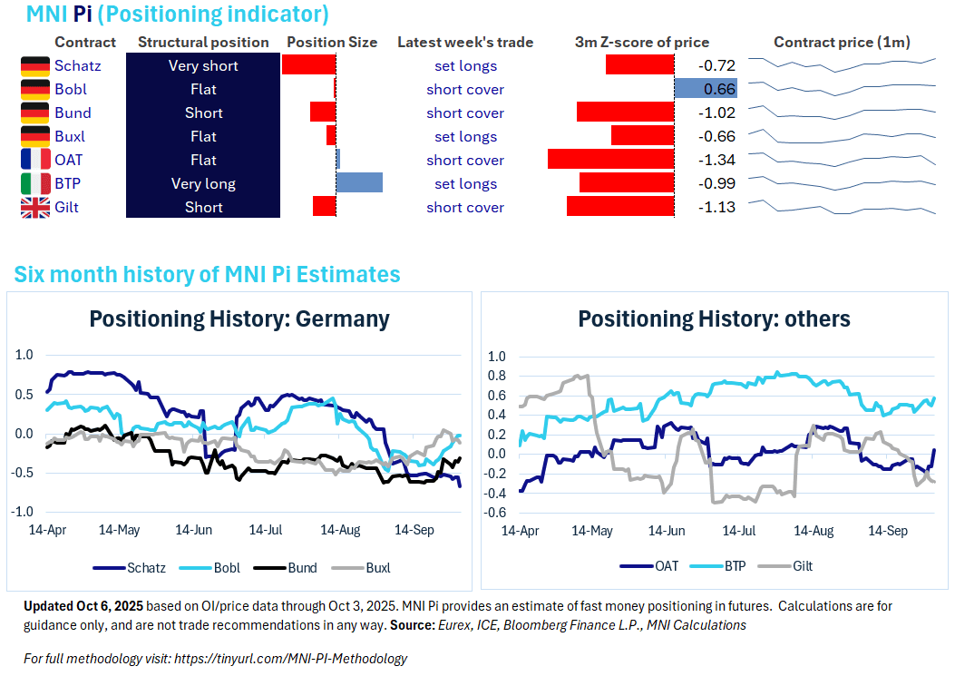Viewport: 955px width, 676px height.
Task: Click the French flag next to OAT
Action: point(35,161)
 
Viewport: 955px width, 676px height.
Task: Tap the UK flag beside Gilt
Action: point(35,208)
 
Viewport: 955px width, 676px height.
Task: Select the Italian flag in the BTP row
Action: point(35,184)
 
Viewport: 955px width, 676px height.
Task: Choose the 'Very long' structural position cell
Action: point(203,184)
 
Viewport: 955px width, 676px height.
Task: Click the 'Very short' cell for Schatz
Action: point(203,66)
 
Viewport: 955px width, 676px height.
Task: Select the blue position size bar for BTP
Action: point(359,183)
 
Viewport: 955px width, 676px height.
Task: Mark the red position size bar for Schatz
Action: point(308,65)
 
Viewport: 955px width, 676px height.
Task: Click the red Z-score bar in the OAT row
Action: point(610,161)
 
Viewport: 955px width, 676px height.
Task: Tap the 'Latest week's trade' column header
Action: point(465,43)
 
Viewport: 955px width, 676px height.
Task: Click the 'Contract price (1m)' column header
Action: point(842,43)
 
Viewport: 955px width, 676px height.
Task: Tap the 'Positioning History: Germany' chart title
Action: point(239,319)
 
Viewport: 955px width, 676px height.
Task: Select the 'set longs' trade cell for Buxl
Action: point(465,137)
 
